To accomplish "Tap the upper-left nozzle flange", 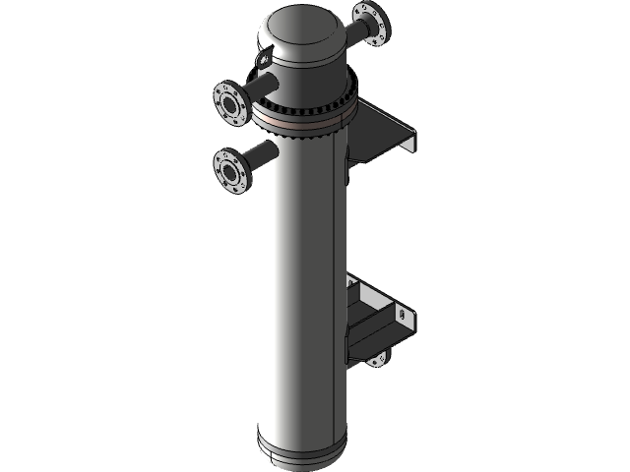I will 229,102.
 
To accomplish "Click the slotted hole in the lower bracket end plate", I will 404,315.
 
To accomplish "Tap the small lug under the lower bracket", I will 379,358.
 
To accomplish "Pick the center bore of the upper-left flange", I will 228,102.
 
